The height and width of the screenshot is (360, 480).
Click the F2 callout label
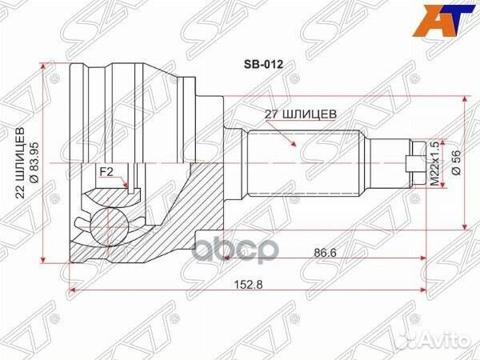(x=105, y=172)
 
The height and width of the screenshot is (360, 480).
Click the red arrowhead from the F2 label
(x=128, y=189)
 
